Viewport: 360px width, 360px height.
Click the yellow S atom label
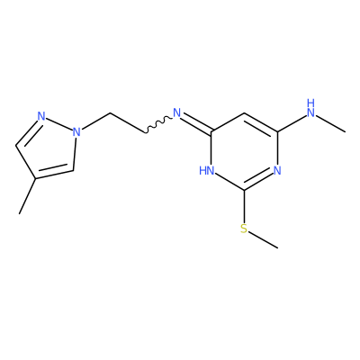[244, 229]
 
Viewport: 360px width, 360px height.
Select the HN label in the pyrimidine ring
[207, 171]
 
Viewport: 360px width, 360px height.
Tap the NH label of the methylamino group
[310, 108]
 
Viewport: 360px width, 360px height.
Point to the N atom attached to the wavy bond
[177, 113]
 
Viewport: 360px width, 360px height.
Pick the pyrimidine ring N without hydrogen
[277, 171]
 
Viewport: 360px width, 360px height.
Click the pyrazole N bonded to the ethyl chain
[76, 131]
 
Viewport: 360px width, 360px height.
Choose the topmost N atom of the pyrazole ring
[41, 116]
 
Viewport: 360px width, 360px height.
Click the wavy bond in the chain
[159, 124]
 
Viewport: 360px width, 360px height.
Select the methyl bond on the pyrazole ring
[28, 196]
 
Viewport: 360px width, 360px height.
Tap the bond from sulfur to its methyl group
[263, 240]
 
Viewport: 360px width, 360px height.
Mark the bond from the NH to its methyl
[330, 124]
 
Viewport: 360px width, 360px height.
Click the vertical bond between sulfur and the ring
[244, 206]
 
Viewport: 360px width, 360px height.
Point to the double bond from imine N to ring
[197, 123]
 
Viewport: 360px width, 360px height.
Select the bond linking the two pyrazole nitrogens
[59, 124]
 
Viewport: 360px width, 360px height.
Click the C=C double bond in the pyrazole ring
[55, 173]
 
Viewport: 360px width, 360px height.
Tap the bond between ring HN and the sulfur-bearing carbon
[229, 183]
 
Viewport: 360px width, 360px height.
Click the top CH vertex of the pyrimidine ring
[244, 113]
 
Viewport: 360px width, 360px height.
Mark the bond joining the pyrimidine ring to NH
[292, 123]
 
